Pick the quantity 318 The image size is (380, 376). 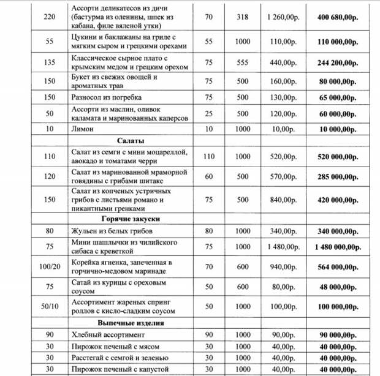click(x=243, y=17)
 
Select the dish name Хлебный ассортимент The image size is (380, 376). click(x=108, y=335)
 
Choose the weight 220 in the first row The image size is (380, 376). click(x=50, y=17)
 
